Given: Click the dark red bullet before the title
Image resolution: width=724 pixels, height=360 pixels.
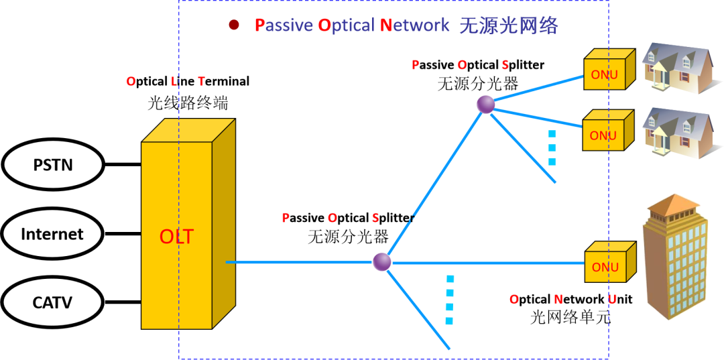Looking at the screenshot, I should [x=234, y=25].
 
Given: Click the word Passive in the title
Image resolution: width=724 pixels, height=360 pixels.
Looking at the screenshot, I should [x=282, y=25].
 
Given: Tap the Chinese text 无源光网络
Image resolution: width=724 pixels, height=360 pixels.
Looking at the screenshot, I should [x=509, y=25].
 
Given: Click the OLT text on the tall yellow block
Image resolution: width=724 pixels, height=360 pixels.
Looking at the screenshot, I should [x=176, y=237].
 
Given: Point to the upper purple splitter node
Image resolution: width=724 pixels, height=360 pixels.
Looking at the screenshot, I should [x=485, y=105].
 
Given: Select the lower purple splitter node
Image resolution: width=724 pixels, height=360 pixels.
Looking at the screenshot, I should [x=382, y=261].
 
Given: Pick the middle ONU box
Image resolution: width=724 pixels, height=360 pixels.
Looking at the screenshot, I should [x=604, y=135].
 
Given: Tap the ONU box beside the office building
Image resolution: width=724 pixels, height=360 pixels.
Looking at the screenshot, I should [x=606, y=266].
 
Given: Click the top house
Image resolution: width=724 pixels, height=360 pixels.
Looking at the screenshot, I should [x=678, y=67].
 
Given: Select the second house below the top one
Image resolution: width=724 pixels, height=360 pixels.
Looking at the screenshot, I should [x=678, y=133].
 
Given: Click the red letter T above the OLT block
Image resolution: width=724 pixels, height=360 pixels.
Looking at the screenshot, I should [x=201, y=82].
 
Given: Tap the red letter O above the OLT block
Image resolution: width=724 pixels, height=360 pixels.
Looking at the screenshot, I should [x=131, y=82].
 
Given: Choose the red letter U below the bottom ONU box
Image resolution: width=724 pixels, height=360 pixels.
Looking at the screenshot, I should [x=612, y=300].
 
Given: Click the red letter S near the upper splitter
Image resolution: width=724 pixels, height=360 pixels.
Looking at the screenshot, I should [x=505, y=65].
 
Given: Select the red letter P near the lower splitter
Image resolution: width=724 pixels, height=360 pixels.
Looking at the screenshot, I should [x=286, y=218].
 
